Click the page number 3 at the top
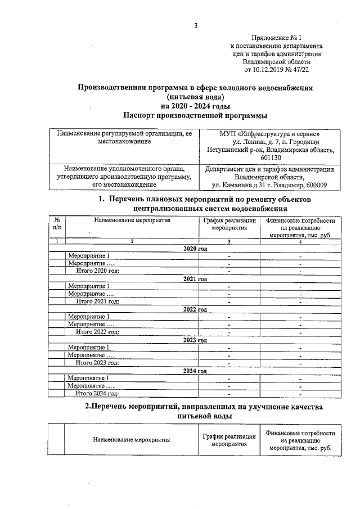point(195,25)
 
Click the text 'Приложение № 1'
point(278,37)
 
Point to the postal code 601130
point(271,158)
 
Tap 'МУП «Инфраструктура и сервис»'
point(271,134)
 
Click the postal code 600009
point(319,186)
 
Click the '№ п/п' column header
point(57,224)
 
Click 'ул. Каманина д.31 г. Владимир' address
point(256,186)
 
